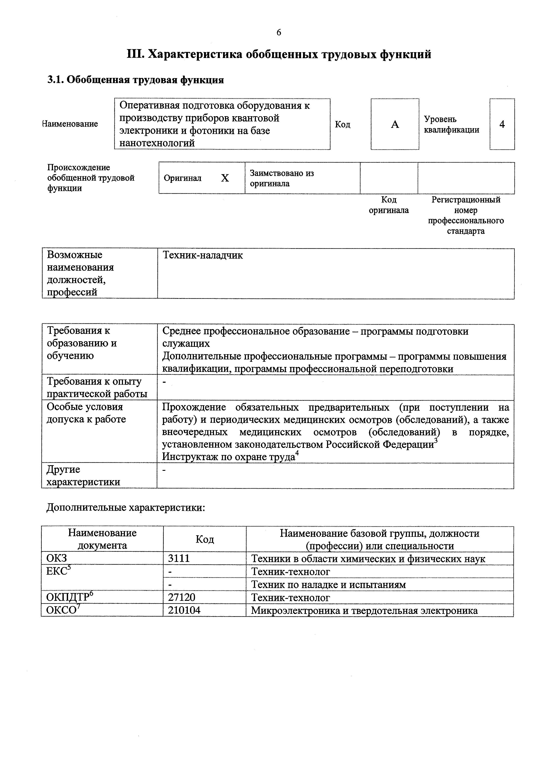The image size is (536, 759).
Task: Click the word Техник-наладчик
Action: (203, 255)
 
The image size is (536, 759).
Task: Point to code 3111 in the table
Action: (179, 558)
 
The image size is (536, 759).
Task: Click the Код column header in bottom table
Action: (204, 539)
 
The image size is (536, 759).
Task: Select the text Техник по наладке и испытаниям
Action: (328, 584)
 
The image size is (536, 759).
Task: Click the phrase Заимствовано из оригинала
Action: (281, 178)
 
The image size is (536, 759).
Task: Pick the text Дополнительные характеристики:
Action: (126, 507)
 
